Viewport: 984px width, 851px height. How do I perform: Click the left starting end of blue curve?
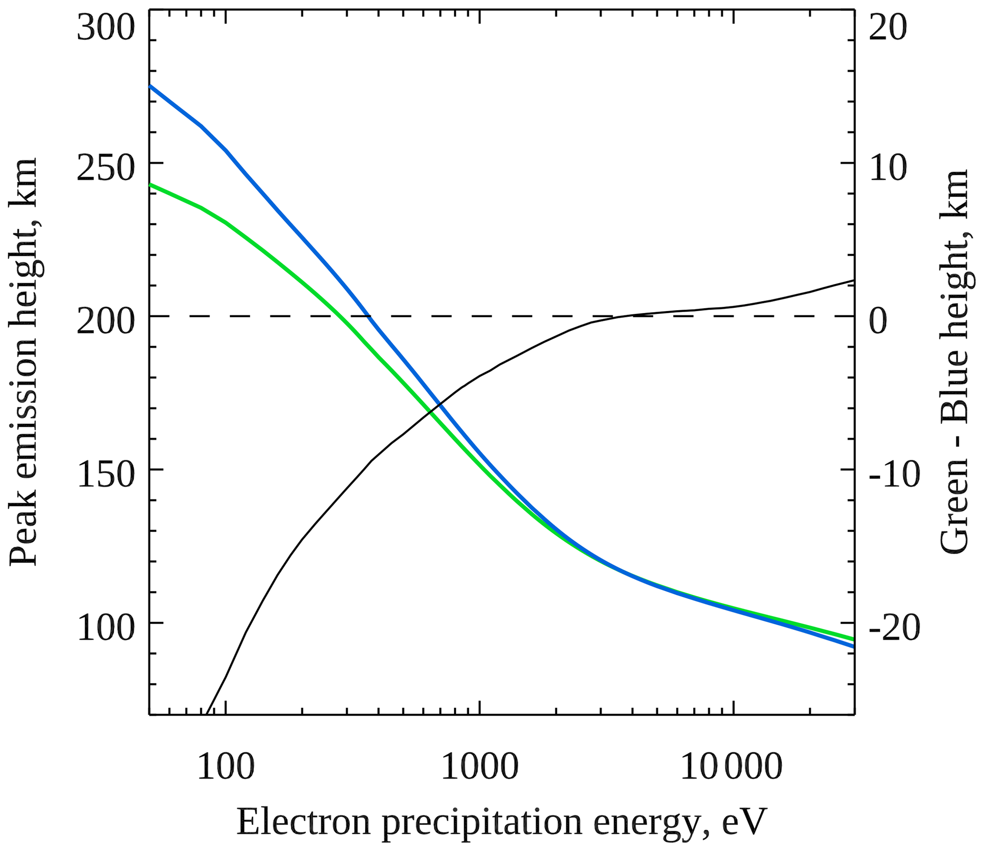coord(150,86)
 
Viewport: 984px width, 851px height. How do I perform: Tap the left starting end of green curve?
coord(150,184)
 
